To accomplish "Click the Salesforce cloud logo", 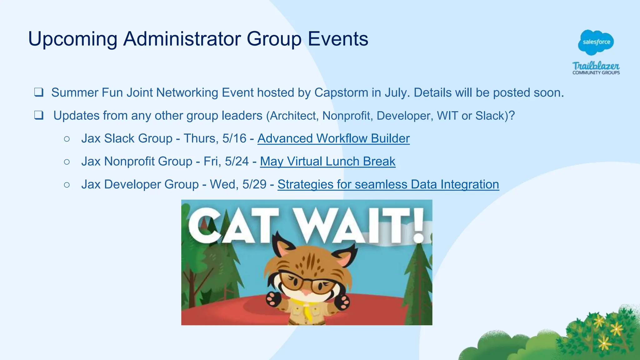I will pos(596,42).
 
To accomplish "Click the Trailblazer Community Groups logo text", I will pos(596,68).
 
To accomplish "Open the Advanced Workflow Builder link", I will pos(333,138).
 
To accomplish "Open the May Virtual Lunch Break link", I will pos(327,162).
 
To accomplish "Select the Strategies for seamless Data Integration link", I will pos(388,184).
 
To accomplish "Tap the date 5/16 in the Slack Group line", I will pos(234,138).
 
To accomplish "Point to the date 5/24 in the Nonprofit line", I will pos(237,162).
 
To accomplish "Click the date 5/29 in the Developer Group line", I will pos(254,184).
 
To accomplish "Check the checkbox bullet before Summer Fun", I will pos(39,92).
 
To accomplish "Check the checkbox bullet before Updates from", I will pos(39,116).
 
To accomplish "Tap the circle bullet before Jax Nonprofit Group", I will pos(67,162).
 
